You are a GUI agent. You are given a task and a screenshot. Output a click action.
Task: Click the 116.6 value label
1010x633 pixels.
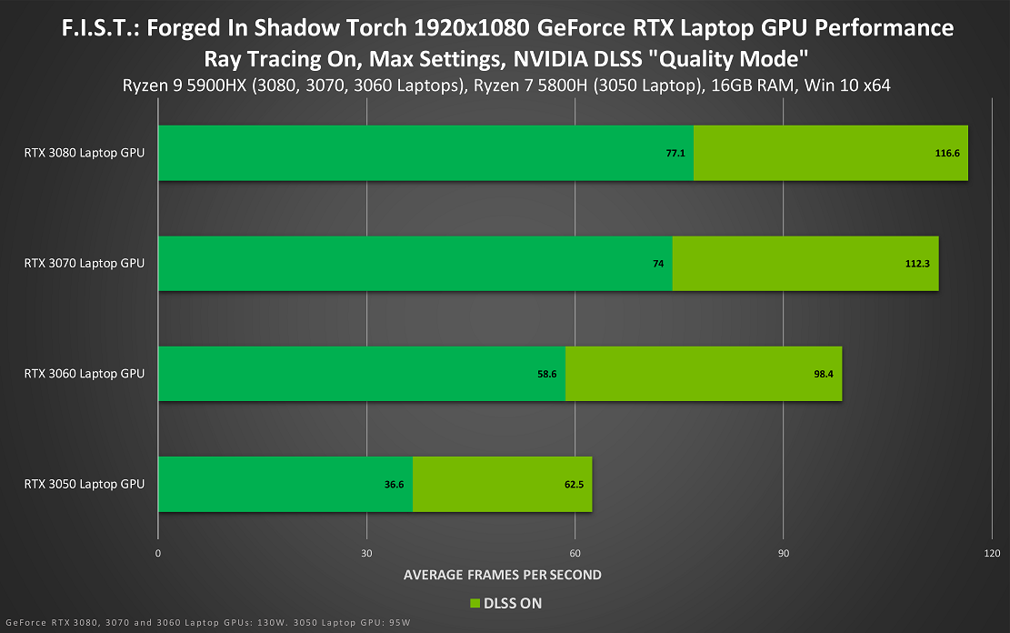(x=947, y=154)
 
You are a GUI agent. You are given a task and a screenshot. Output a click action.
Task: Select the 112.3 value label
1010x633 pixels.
(x=918, y=264)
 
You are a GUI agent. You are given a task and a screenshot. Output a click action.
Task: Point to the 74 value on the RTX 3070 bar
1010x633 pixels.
(x=658, y=264)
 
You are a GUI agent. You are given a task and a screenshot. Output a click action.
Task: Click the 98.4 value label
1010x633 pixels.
(x=822, y=374)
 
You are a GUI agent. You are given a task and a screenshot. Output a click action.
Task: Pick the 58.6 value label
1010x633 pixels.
(x=545, y=374)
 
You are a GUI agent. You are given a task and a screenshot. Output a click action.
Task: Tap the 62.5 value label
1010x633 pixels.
(x=574, y=485)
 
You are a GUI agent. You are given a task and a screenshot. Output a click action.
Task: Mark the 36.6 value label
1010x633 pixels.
(x=394, y=485)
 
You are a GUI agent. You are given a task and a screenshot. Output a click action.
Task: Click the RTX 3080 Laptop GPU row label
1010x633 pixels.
(x=85, y=153)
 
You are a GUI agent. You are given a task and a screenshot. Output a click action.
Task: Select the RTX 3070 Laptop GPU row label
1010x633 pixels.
(x=85, y=263)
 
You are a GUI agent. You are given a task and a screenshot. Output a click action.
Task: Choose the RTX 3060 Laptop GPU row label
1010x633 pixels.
(x=85, y=373)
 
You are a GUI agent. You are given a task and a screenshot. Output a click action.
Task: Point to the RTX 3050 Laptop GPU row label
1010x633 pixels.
(x=85, y=484)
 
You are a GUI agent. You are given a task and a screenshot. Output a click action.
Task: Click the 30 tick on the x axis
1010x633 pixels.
(x=366, y=554)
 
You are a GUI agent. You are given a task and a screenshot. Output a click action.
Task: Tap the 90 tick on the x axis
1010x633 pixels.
(x=783, y=554)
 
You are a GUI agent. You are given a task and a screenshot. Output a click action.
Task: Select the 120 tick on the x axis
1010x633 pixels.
(x=991, y=554)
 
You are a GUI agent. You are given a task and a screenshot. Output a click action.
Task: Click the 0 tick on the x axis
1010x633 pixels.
(x=158, y=554)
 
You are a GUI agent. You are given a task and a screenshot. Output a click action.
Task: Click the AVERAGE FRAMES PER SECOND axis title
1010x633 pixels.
(x=502, y=575)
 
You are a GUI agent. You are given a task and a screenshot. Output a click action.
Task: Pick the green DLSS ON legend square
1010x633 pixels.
(x=475, y=603)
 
